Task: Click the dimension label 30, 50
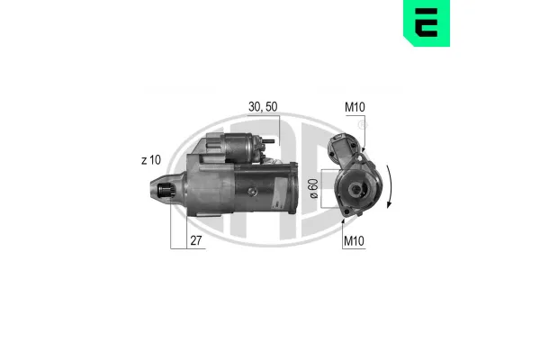(263, 107)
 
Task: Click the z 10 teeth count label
(151, 160)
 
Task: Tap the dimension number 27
(196, 240)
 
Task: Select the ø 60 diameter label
(314, 188)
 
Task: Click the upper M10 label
(355, 107)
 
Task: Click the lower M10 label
(354, 241)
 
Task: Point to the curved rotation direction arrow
(389, 186)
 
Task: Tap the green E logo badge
(427, 22)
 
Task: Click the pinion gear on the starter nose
(166, 191)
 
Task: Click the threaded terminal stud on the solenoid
(268, 141)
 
